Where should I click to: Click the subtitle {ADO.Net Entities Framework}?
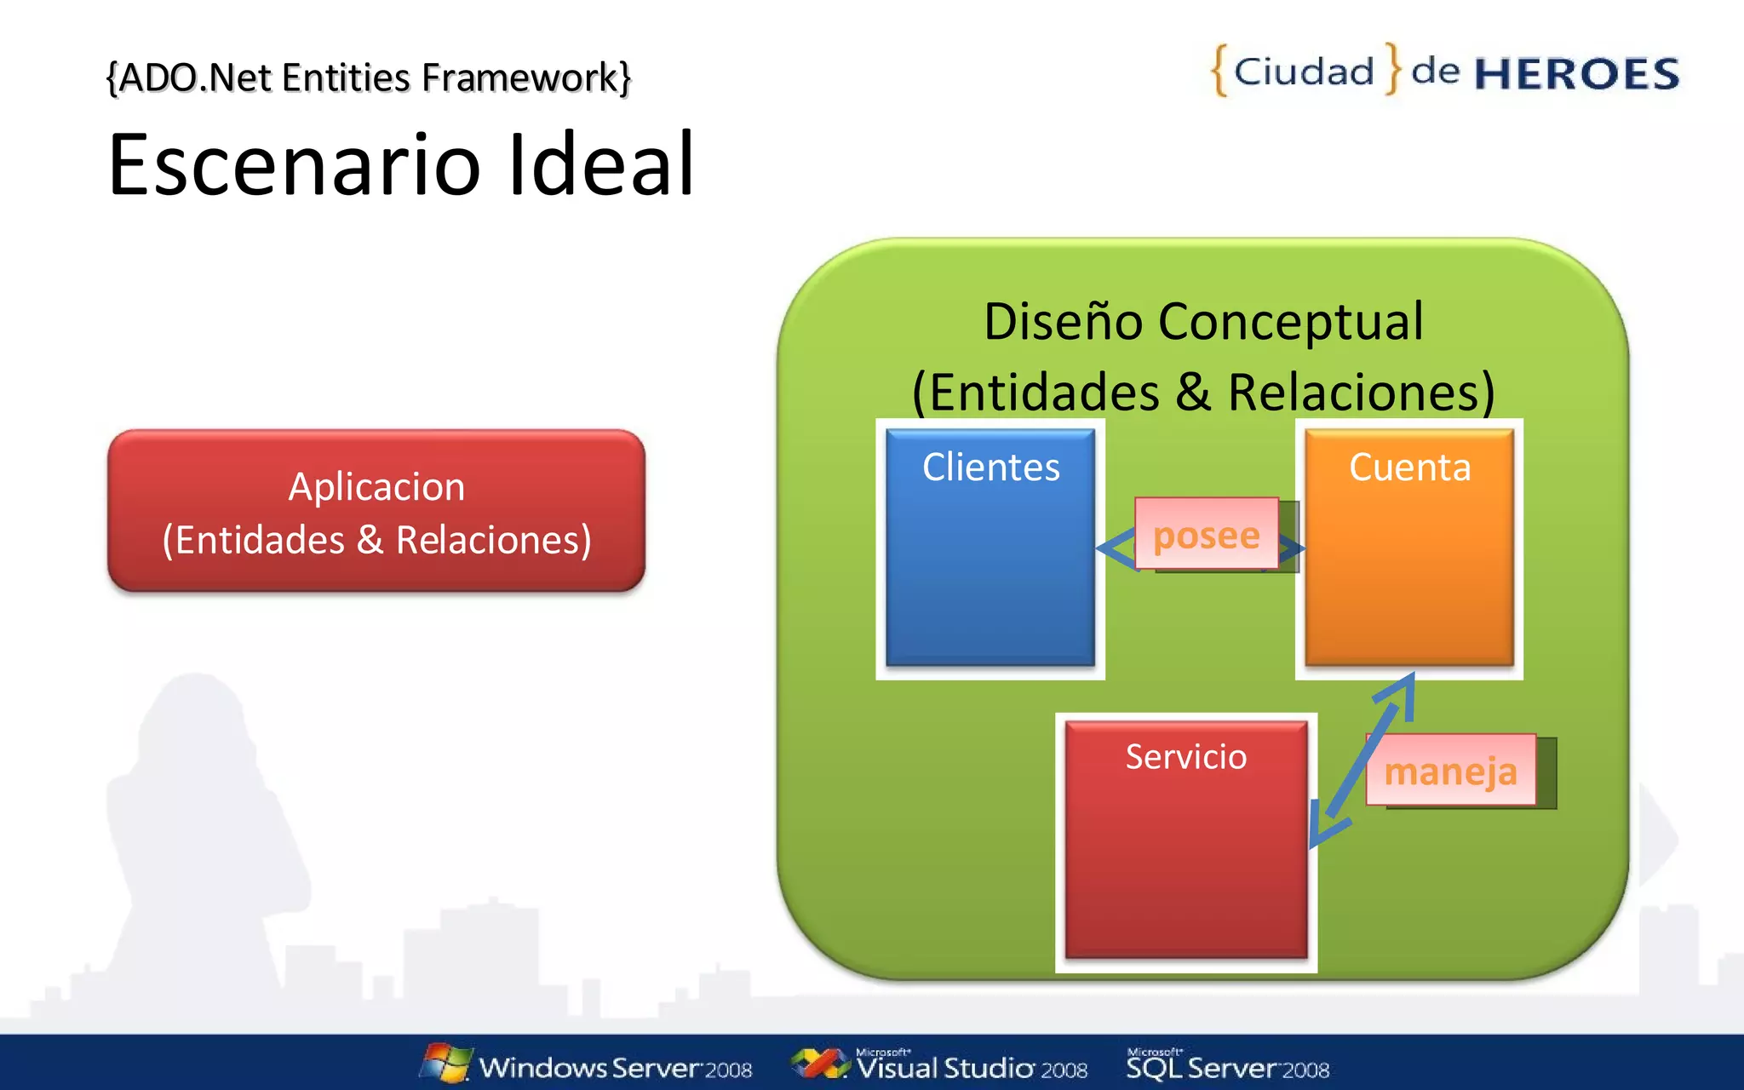tap(369, 77)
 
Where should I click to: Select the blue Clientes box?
tap(990, 579)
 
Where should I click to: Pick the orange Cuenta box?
tap(1408, 579)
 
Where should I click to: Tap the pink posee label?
tap(1206, 535)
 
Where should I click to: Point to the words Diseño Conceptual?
tap(1202, 322)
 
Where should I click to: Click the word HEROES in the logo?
tap(1576, 74)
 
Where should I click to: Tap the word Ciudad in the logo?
tap(1304, 72)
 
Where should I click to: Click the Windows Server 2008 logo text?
tap(615, 1068)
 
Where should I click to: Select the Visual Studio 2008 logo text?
tap(972, 1068)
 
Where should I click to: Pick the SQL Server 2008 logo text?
tap(1227, 1068)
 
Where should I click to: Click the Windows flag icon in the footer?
tap(445, 1063)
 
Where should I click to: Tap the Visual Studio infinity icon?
tap(818, 1063)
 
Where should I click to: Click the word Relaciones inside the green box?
tap(1360, 393)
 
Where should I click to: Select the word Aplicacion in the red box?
tap(376, 487)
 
